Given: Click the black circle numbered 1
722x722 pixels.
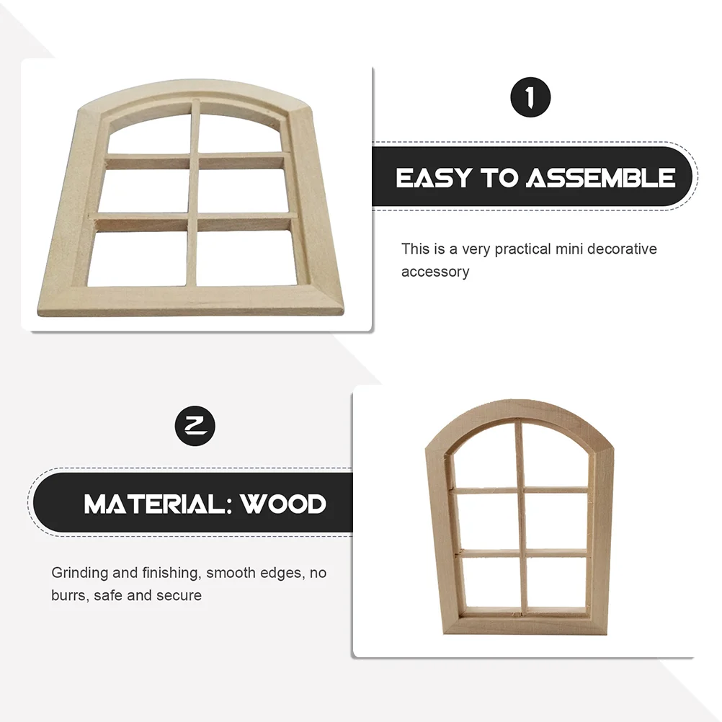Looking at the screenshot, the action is point(530,97).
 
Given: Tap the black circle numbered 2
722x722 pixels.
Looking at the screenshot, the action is point(195,426).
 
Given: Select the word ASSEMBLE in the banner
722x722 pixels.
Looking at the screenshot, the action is point(601,178).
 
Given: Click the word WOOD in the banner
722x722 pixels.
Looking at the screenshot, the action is point(282,504).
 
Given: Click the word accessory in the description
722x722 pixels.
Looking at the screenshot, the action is point(435,272).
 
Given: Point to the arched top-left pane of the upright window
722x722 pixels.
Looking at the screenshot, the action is point(486,458).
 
